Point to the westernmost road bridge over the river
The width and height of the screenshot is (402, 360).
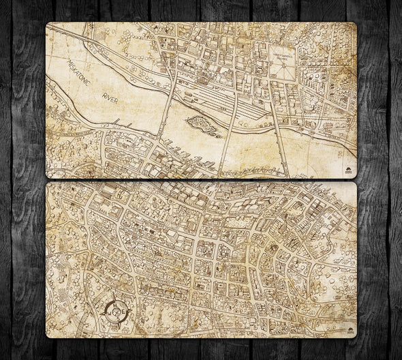(164, 116)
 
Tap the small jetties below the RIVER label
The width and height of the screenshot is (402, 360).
(123, 124)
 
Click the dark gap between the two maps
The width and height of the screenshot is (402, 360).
(201, 180)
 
